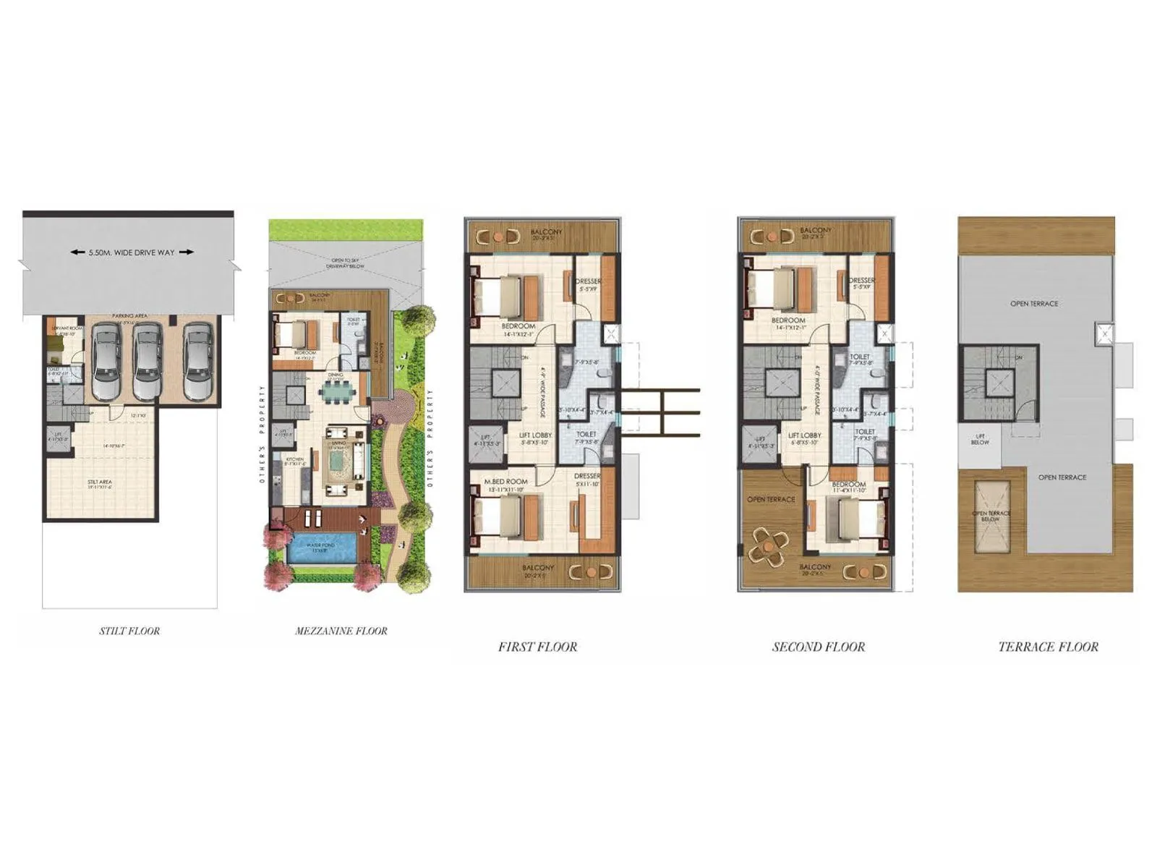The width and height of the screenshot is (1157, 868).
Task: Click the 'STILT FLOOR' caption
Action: (x=129, y=631)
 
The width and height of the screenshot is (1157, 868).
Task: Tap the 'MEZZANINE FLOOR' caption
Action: (x=341, y=631)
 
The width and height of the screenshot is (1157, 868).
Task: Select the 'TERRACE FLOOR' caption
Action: (x=1049, y=647)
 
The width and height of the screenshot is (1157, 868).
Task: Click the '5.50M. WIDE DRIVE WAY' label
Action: (x=132, y=252)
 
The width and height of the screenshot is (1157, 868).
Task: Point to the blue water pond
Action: (x=322, y=548)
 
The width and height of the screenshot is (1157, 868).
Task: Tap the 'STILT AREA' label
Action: (x=100, y=482)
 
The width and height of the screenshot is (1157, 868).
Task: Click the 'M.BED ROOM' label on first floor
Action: (x=506, y=482)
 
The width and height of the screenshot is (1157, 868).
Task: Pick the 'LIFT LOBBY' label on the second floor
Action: (x=804, y=435)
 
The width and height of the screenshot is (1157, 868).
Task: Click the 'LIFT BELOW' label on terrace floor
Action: (x=981, y=439)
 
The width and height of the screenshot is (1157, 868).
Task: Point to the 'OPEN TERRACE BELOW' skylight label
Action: (x=991, y=516)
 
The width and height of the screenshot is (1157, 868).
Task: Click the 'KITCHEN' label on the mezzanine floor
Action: (x=294, y=459)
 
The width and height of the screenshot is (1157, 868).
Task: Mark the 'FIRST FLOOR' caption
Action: (x=537, y=647)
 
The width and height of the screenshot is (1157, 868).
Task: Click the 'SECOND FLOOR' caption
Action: (x=819, y=647)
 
